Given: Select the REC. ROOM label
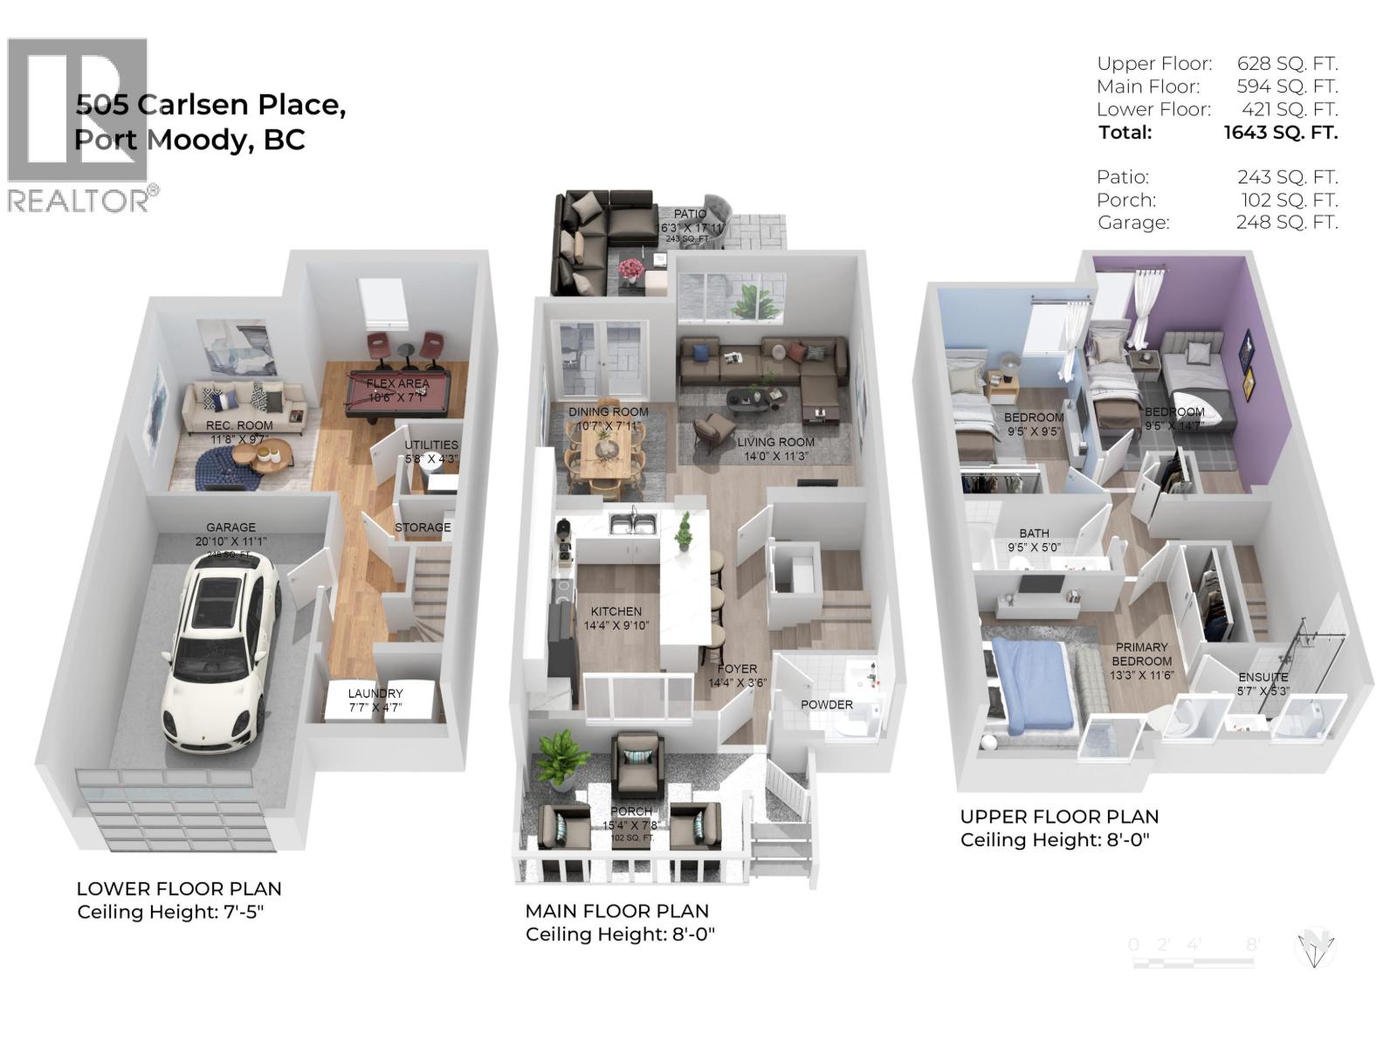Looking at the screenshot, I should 239,425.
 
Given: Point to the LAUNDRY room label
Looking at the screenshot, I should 375,693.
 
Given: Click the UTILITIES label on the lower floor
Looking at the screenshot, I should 431,445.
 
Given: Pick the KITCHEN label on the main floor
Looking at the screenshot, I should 616,611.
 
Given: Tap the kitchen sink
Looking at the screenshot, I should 634,523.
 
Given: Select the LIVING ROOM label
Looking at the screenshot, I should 775,442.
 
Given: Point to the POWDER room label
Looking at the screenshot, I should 827,705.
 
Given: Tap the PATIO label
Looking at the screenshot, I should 690,214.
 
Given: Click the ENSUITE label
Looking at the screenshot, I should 1263,677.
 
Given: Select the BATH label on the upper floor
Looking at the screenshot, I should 1035,533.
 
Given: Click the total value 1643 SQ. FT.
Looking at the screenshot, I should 1280,133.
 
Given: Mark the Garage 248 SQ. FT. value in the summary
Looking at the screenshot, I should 1286,223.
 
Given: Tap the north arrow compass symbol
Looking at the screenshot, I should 1316,947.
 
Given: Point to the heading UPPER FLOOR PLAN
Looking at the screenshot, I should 1059,817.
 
